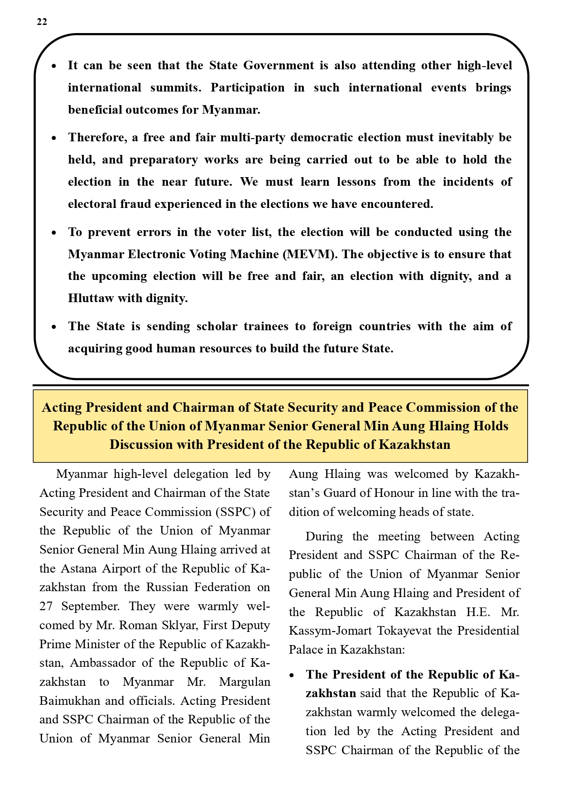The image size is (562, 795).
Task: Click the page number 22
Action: tap(42, 22)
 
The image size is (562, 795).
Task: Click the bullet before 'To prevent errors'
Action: tap(54, 233)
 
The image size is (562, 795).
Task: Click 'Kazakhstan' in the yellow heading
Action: tap(414, 444)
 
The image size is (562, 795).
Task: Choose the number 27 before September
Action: tap(46, 606)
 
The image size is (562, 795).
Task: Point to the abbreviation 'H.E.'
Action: tap(478, 612)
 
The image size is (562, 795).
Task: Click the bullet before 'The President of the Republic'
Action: tap(293, 675)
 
